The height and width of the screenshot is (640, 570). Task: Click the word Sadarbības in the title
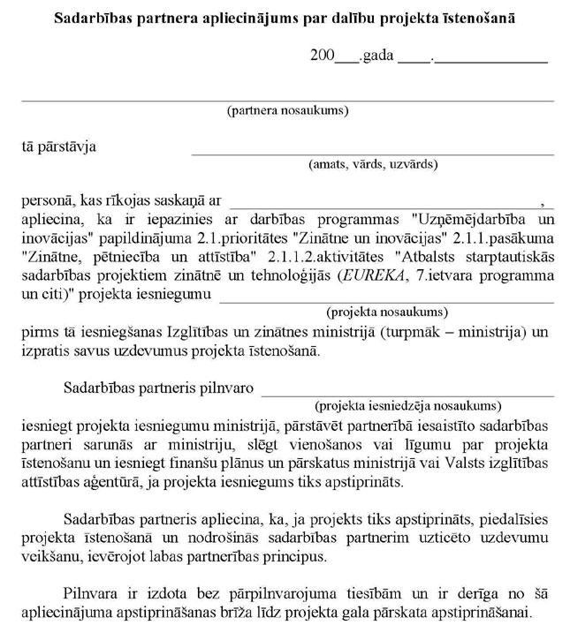point(93,18)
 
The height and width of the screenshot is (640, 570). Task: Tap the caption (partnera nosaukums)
point(287,111)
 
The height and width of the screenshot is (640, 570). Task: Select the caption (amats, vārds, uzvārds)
point(372,164)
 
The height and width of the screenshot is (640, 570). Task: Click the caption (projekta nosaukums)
point(386,312)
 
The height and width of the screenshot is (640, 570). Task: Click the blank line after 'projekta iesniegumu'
point(386,301)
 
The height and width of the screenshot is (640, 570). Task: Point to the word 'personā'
point(46,201)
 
